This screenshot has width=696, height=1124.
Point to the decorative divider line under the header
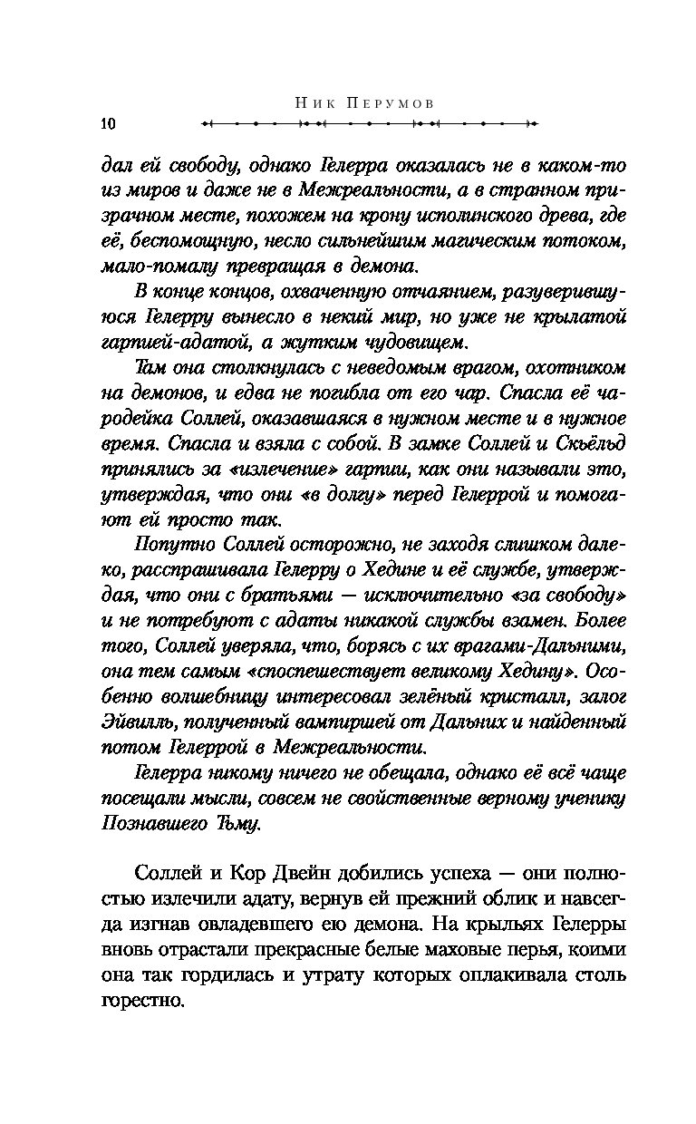(369, 123)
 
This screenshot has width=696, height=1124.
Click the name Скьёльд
(585, 441)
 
